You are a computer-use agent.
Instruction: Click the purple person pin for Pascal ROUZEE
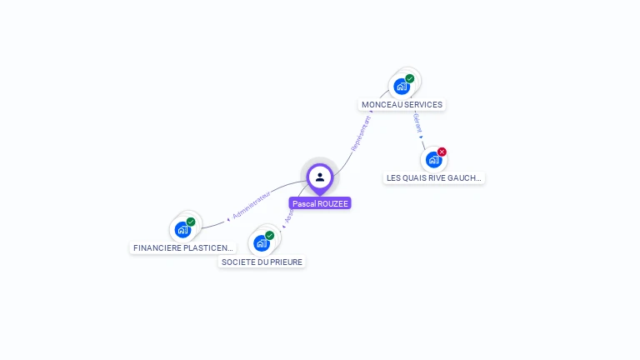click(320, 177)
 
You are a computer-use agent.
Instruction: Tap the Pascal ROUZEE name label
click(320, 203)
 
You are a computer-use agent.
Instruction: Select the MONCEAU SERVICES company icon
click(402, 87)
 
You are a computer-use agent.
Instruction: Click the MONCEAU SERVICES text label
click(402, 105)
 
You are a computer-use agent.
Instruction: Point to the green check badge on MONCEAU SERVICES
click(410, 78)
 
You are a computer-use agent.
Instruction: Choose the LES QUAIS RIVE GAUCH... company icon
click(433, 160)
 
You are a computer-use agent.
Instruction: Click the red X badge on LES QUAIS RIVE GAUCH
click(442, 152)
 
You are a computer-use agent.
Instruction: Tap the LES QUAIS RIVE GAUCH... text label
click(434, 178)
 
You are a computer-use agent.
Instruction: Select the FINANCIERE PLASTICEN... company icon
click(182, 230)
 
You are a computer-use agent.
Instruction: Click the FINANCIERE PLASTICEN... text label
click(183, 248)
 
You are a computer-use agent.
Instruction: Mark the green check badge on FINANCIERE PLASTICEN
click(191, 222)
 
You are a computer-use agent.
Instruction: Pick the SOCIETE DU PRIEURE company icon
click(262, 243)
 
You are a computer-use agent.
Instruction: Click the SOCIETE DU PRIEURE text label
click(262, 262)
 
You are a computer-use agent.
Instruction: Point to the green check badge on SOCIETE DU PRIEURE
click(270, 235)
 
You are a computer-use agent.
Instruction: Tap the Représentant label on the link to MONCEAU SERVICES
click(361, 132)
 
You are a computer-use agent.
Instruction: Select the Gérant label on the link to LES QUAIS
click(417, 124)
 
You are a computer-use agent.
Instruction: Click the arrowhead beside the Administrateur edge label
click(228, 219)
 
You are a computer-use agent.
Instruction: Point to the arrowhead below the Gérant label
click(421, 137)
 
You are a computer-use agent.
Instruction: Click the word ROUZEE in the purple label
click(332, 203)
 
